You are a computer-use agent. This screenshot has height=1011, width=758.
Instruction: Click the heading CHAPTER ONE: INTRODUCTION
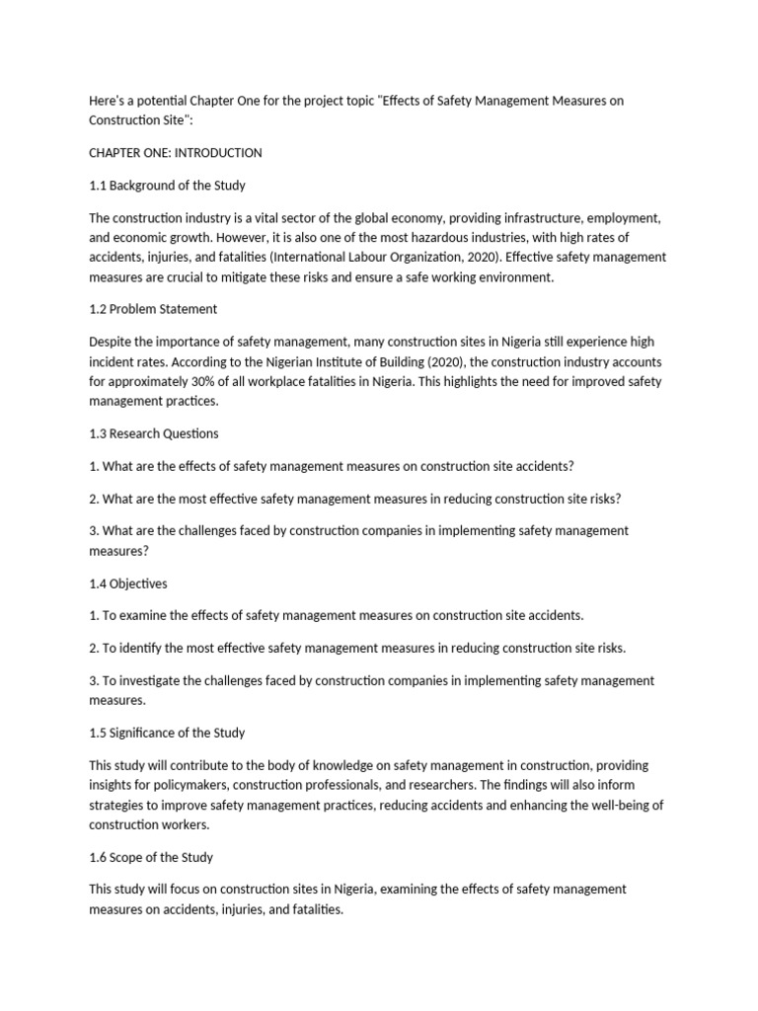point(176,153)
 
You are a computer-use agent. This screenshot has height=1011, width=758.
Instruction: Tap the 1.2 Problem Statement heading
point(153,309)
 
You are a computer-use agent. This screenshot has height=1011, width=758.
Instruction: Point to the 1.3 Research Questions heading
point(154,433)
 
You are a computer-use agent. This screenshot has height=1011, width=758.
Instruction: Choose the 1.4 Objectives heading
point(128,583)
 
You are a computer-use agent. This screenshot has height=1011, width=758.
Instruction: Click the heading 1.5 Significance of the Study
point(167,733)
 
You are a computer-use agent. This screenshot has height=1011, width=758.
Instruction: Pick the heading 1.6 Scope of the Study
point(151,857)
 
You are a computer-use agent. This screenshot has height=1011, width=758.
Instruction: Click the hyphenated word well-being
point(601,806)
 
